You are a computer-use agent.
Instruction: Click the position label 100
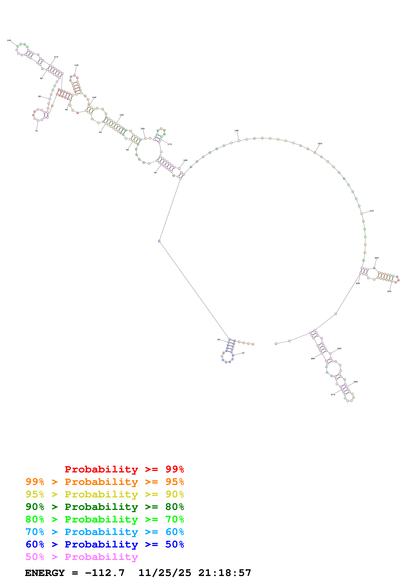click(x=9, y=40)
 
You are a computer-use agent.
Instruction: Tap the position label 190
click(x=236, y=130)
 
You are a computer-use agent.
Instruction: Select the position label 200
click(x=320, y=143)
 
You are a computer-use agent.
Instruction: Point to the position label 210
click(x=372, y=211)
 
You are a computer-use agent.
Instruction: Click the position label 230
click(x=389, y=291)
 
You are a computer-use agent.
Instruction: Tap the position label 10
click(x=243, y=353)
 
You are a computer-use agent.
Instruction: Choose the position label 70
click(x=36, y=131)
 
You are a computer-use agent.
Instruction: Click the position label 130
click(x=76, y=65)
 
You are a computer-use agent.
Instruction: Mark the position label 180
click(x=185, y=160)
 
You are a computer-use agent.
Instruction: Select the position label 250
click(x=339, y=349)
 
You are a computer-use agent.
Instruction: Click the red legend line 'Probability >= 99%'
click(x=124, y=469)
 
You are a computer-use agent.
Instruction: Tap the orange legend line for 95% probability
click(x=105, y=482)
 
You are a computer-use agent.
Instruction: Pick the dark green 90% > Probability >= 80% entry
click(x=105, y=507)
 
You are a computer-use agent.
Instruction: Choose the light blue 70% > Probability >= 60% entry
click(x=105, y=532)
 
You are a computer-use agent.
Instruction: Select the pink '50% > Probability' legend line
click(x=81, y=557)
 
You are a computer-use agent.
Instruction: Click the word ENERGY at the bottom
click(x=45, y=573)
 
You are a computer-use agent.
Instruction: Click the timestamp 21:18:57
click(x=225, y=573)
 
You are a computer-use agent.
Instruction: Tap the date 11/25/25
click(x=165, y=573)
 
